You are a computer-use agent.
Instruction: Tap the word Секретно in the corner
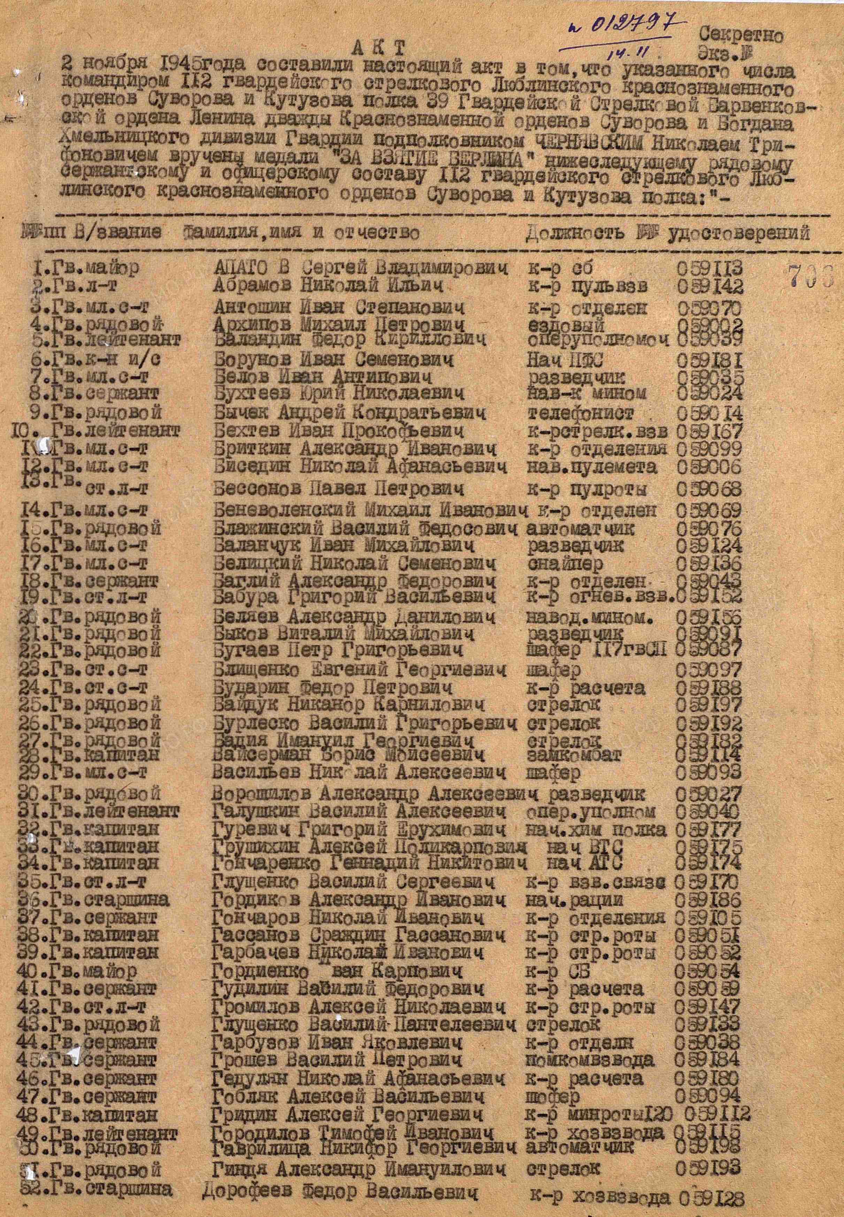click(x=742, y=36)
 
